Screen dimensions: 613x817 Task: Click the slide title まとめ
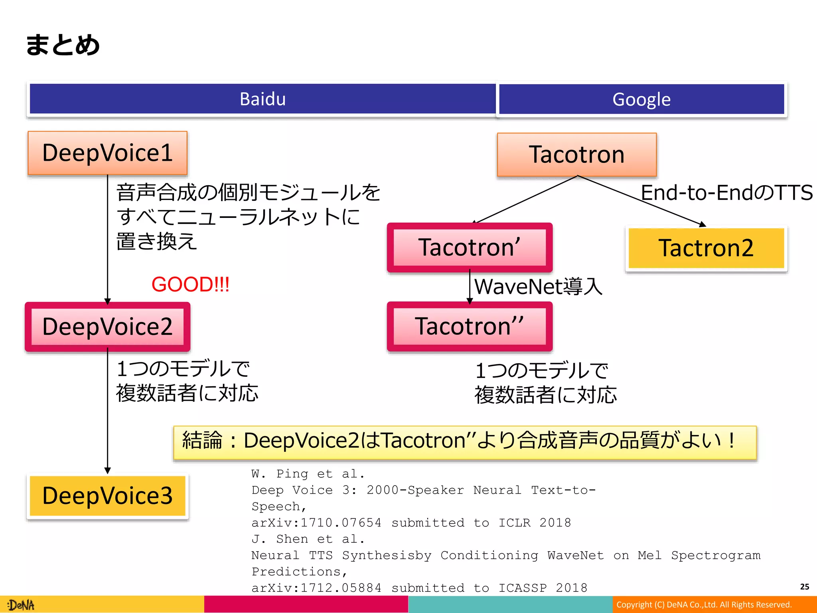(x=63, y=45)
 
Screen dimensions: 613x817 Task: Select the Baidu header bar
(x=262, y=99)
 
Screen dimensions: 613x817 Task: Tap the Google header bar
(x=641, y=99)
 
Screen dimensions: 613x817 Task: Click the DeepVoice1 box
(x=107, y=153)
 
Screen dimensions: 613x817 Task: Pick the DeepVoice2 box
(x=107, y=326)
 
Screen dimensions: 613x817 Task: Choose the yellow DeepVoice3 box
(x=107, y=496)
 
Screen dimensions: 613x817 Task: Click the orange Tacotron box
(x=576, y=154)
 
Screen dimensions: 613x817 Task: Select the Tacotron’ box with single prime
(x=470, y=247)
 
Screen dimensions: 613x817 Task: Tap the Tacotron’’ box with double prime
(x=470, y=326)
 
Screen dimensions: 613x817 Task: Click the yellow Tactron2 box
(x=706, y=248)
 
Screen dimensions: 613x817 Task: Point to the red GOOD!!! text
(x=190, y=284)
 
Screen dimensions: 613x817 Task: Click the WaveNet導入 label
(x=538, y=287)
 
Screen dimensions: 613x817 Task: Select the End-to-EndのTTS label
(x=726, y=192)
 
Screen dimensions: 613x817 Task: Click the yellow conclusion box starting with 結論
(x=465, y=441)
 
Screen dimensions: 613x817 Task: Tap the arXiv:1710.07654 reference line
(x=411, y=522)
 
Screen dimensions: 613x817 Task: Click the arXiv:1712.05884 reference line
(x=419, y=587)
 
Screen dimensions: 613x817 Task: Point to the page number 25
(x=804, y=587)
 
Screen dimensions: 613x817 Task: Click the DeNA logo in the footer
(x=22, y=605)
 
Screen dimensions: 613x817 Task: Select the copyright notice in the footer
(x=704, y=605)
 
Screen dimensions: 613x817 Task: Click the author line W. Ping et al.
(x=308, y=474)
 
